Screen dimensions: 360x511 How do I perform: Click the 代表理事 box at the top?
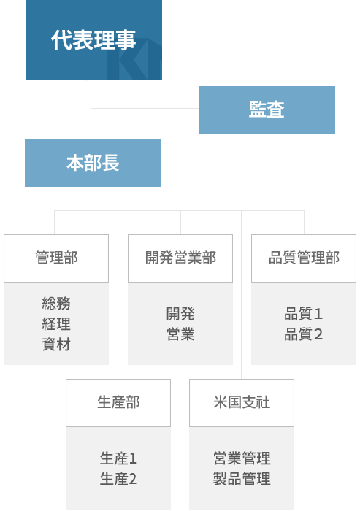pos(93,39)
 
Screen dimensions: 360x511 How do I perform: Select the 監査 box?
pos(267,110)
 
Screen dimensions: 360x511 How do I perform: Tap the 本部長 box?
pos(93,163)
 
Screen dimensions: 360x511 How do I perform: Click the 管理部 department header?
pos(56,258)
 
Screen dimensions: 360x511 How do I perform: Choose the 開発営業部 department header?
pos(180,258)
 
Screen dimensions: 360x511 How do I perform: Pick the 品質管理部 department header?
pos(304,258)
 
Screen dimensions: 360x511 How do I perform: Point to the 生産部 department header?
pos(118,403)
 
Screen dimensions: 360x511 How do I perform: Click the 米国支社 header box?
pos(242,403)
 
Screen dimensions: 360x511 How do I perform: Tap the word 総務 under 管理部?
pos(56,304)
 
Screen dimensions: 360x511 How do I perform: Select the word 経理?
pos(56,324)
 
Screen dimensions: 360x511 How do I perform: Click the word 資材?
pos(56,345)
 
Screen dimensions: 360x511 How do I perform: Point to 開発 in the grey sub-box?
pos(180,314)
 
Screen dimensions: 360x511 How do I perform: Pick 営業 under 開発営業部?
pos(180,334)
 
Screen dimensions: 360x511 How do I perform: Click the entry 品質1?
pos(304,314)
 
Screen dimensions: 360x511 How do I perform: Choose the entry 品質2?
pos(304,334)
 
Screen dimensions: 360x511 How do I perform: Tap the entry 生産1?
pos(118,458)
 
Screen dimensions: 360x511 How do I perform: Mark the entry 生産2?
pos(118,479)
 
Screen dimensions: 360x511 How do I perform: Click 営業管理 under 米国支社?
pos(242,458)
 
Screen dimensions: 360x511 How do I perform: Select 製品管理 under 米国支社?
pos(242,479)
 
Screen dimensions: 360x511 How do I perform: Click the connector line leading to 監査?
pos(145,108)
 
